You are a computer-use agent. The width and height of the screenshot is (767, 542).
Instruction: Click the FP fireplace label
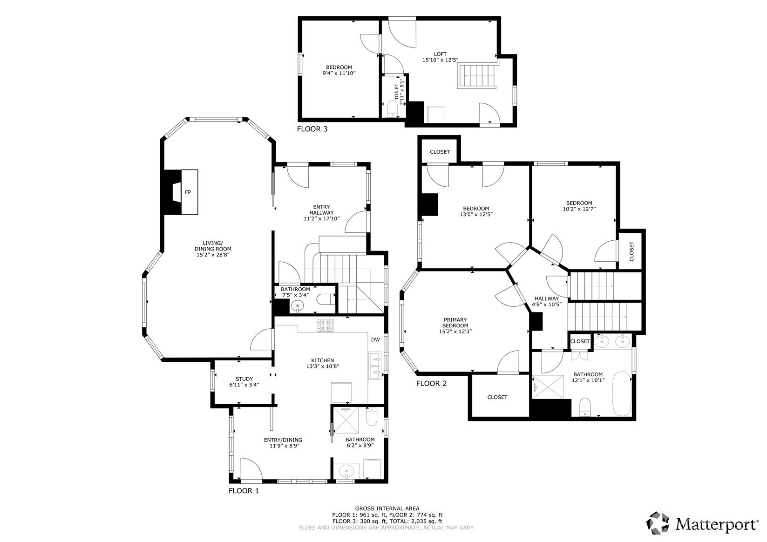tap(188, 192)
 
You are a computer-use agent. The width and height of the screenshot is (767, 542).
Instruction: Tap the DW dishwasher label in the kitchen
tap(375, 339)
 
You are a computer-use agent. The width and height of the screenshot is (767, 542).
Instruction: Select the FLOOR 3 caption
tap(312, 129)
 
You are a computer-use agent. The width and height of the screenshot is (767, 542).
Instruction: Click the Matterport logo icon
tap(658, 523)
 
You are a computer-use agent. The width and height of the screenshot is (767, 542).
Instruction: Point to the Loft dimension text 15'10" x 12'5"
tap(440, 60)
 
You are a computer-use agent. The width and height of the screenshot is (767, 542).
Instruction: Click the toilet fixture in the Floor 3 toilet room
tap(393, 108)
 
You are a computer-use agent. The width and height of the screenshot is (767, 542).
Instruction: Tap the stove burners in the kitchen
tap(325, 325)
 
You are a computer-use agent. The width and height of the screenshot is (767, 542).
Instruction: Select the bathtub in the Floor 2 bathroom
tap(622, 394)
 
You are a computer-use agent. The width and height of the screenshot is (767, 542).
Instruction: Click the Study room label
tap(244, 379)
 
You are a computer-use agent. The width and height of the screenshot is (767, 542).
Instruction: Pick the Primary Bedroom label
tap(455, 323)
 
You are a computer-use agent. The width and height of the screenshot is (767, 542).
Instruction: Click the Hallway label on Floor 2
tap(546, 298)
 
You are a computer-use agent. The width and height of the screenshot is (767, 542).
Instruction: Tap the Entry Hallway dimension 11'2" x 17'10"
tap(321, 218)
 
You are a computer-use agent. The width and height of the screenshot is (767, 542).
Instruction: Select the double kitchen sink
tap(375, 366)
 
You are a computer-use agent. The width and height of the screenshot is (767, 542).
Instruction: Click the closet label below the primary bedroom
tap(497, 397)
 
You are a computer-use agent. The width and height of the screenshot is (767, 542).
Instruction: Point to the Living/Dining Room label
tap(213, 246)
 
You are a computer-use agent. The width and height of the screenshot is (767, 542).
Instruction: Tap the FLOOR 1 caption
tap(244, 491)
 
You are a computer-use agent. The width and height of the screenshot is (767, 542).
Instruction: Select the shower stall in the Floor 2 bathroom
tap(548, 387)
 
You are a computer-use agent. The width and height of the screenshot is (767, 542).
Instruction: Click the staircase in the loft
tap(477, 76)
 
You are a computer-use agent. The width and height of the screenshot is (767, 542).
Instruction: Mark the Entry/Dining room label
tap(283, 440)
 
